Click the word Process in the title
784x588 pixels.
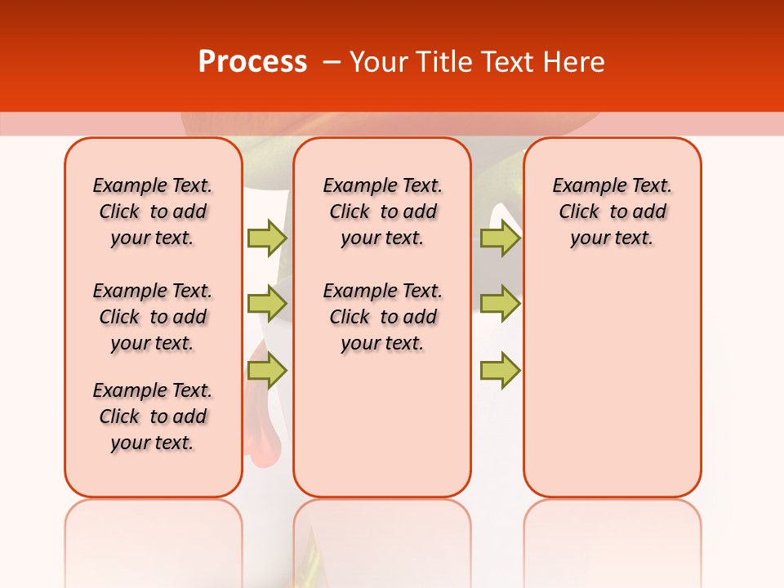coord(252,62)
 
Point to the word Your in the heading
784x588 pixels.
coord(379,62)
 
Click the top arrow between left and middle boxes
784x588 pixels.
coord(267,238)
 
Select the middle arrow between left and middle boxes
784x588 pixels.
coord(267,304)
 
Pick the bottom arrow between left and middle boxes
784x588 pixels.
coord(267,371)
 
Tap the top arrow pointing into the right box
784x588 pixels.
coord(500,238)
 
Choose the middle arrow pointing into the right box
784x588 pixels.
coord(500,304)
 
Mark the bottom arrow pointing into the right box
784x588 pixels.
coord(500,371)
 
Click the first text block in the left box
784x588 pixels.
coord(153,212)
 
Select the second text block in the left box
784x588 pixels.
coord(153,317)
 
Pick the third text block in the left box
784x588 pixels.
coord(153,416)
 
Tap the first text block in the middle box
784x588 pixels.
coord(382,212)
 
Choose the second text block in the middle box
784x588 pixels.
coord(382,317)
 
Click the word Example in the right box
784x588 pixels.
coord(582,186)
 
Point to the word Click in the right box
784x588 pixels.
coord(579,212)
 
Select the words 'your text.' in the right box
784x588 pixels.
coord(612,238)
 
